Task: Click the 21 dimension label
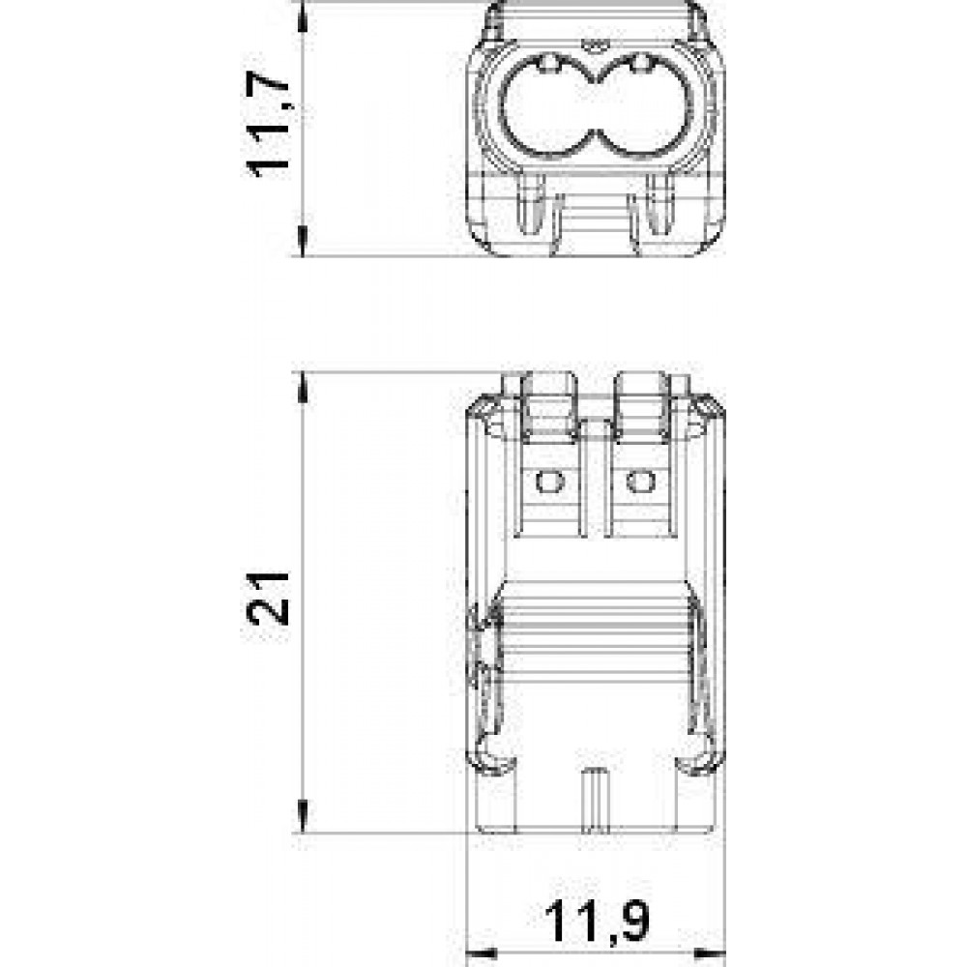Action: point(268,600)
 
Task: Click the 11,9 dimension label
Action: point(598,923)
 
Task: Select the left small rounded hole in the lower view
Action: point(550,481)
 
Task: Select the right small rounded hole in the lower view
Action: point(641,481)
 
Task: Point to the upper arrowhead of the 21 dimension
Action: point(302,388)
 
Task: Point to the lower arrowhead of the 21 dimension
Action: point(302,816)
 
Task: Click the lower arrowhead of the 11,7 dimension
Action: point(302,241)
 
